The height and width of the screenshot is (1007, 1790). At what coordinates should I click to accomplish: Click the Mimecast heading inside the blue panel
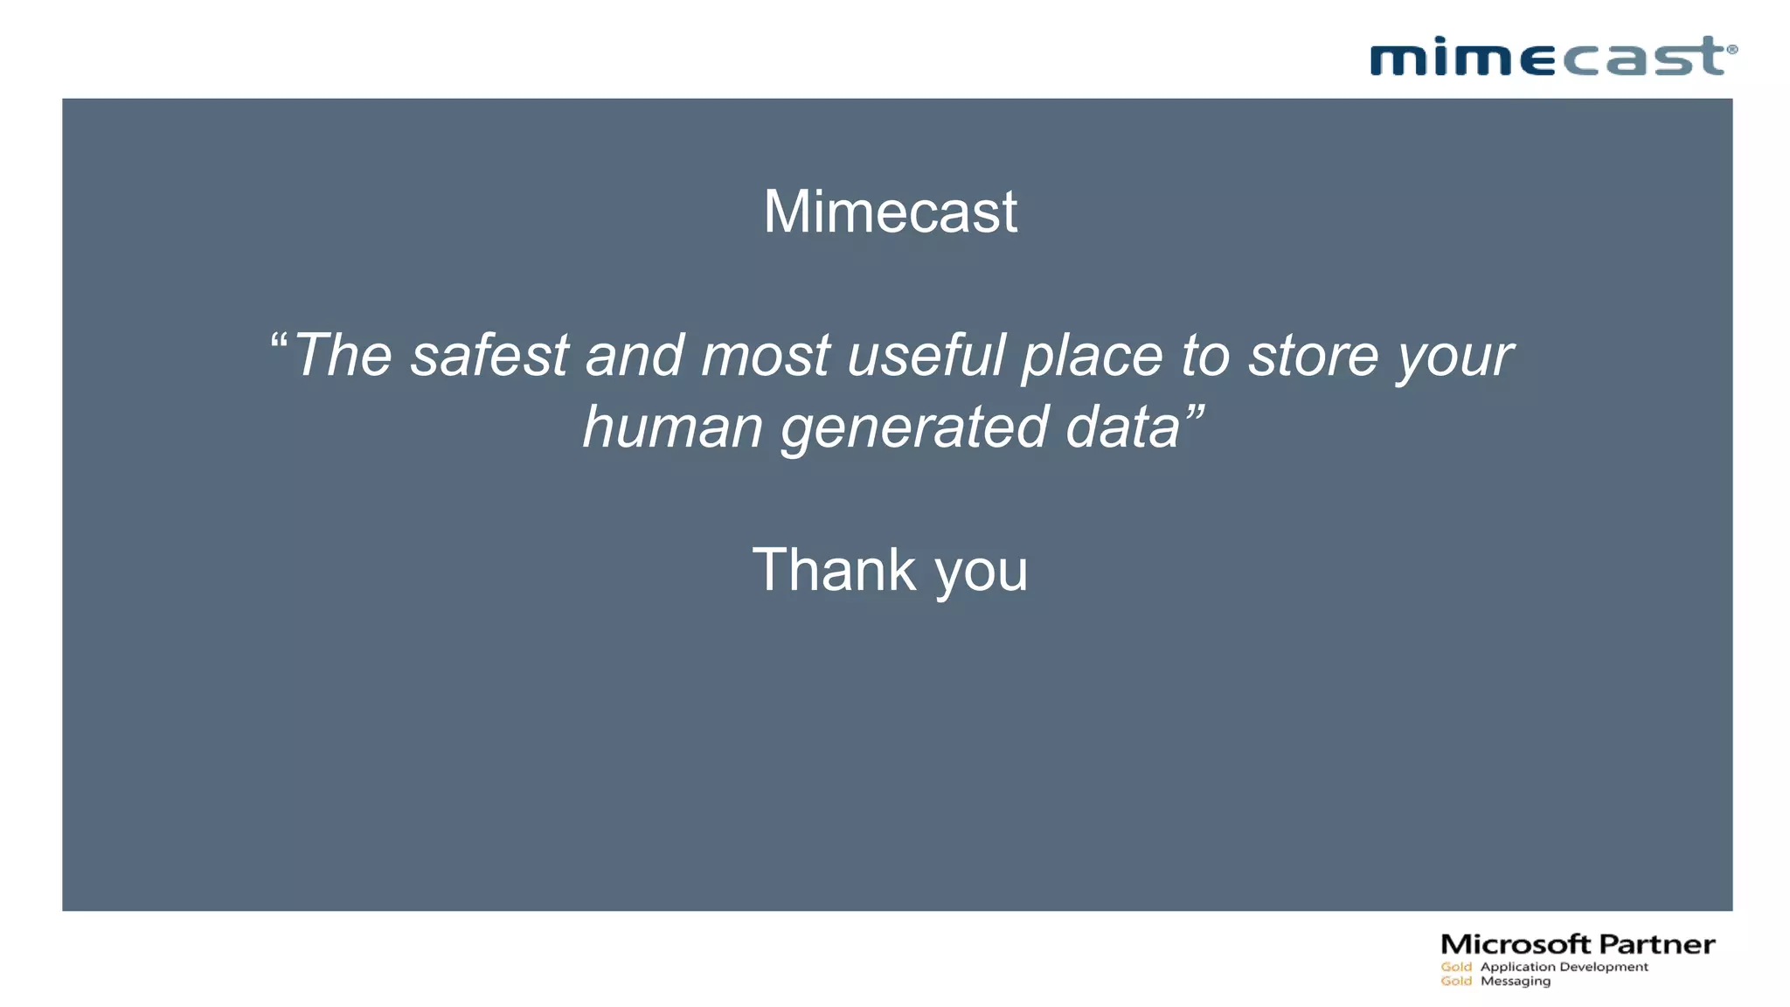pos(890,212)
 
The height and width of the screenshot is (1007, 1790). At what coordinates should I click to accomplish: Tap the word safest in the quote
pos(489,356)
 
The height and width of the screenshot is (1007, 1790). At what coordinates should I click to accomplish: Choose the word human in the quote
pos(673,428)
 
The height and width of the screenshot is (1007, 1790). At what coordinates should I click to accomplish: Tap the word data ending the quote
pos(1123,427)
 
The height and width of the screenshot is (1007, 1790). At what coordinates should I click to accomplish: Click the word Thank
pos(834,570)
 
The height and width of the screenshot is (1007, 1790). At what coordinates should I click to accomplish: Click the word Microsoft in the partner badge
pos(1516,945)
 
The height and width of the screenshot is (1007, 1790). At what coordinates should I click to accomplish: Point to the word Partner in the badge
pos(1657,945)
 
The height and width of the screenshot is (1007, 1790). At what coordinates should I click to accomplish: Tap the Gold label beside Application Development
pos(1456,967)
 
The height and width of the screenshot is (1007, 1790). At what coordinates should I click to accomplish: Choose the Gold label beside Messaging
pos(1456,982)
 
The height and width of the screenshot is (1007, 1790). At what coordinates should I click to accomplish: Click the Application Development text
pos(1565,967)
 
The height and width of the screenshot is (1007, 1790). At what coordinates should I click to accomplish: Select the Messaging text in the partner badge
pos(1516,982)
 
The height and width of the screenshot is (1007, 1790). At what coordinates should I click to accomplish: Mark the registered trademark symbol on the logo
pos(1732,50)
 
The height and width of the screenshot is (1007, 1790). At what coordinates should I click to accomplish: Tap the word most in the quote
pos(765,356)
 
